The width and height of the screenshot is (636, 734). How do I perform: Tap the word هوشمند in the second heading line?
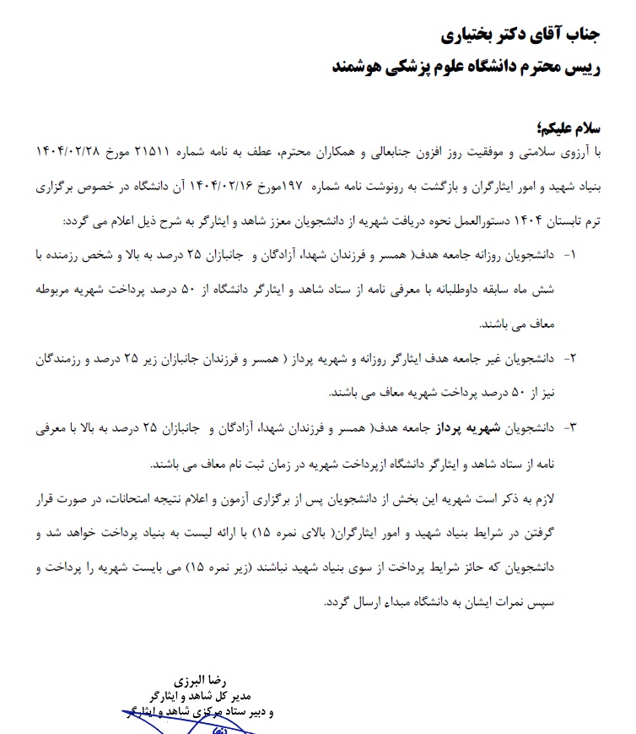[360, 67]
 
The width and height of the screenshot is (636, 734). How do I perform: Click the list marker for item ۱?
[588, 254]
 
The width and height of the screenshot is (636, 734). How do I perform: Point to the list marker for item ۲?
[588, 358]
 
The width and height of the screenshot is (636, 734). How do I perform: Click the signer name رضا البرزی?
[197, 681]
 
